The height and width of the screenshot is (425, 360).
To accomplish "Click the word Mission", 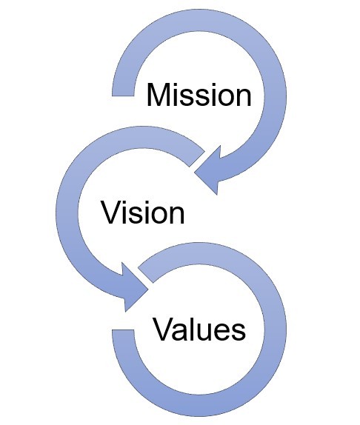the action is click(x=199, y=95).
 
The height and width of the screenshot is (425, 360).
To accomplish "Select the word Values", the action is click(x=199, y=329).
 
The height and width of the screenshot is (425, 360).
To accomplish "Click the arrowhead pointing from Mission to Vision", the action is click(x=208, y=170).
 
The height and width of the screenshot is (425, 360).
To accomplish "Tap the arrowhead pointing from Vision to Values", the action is click(x=135, y=287).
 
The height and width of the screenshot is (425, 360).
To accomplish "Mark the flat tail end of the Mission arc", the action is click(x=123, y=92).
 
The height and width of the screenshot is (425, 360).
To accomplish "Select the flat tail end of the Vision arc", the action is click(x=197, y=159).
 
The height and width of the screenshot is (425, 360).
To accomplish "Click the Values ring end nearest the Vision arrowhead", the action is click(x=146, y=275).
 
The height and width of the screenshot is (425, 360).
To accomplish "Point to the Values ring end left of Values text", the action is click(x=123, y=333).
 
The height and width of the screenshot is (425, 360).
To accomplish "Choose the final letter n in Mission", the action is click(x=243, y=98).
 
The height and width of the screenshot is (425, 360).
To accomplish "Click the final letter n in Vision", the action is click(x=176, y=215).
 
